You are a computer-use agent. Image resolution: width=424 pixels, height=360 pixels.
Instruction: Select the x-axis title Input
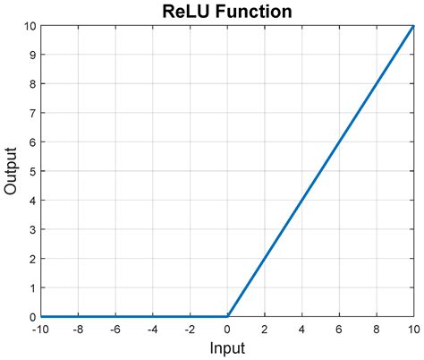coord(227,347)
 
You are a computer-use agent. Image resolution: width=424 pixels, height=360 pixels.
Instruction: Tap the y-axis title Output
coord(12,170)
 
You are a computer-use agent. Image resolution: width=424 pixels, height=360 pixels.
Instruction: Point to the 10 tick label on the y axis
coord(30,26)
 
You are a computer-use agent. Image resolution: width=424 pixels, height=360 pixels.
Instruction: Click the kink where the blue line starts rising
coord(228,316)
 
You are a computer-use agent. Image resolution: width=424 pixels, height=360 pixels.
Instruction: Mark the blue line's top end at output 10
coord(413,26)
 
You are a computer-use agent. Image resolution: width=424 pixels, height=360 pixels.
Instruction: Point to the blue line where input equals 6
coord(340,142)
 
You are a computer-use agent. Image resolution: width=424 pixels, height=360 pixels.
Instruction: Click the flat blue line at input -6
coord(115,316)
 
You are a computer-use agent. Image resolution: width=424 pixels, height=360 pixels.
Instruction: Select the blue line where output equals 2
coord(266,258)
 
